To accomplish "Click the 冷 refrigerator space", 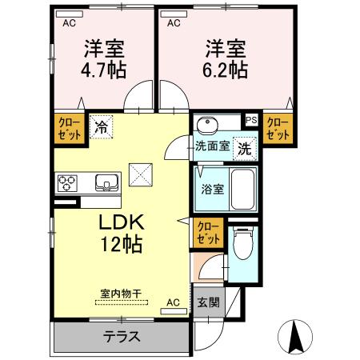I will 102,126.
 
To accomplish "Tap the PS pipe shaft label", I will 251,121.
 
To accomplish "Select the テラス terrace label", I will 121,336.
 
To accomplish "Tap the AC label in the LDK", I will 173,302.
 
